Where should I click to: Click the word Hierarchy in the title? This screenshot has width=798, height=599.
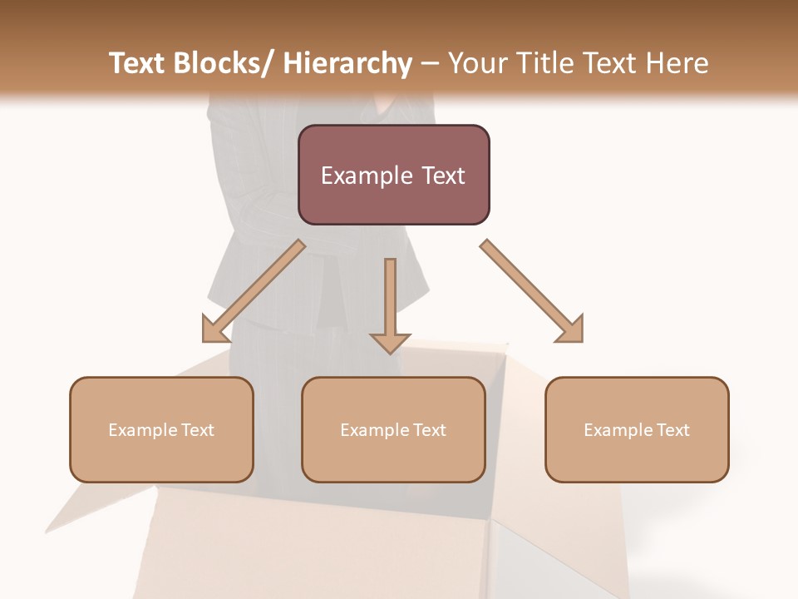(347, 63)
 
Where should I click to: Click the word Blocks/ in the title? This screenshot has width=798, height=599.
(229, 63)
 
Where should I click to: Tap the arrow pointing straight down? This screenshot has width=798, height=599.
(390, 304)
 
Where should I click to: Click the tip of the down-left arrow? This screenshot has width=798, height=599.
(204, 340)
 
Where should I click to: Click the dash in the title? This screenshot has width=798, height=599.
(430, 64)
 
